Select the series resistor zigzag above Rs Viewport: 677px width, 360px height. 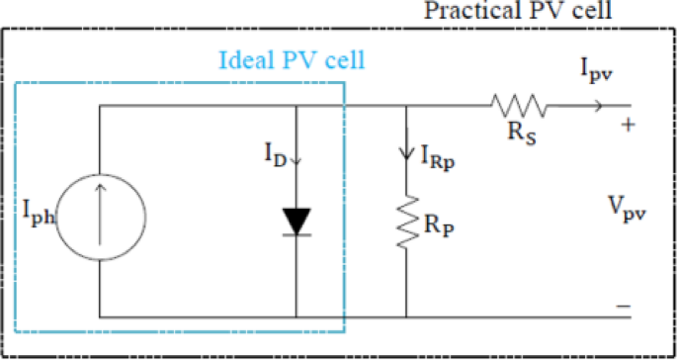pos(514,106)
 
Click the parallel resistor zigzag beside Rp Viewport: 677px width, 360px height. pos(406,223)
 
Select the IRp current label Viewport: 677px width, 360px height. pos(438,155)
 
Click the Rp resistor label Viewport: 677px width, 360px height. pos(439,225)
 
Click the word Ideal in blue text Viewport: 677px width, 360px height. pos(241,59)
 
